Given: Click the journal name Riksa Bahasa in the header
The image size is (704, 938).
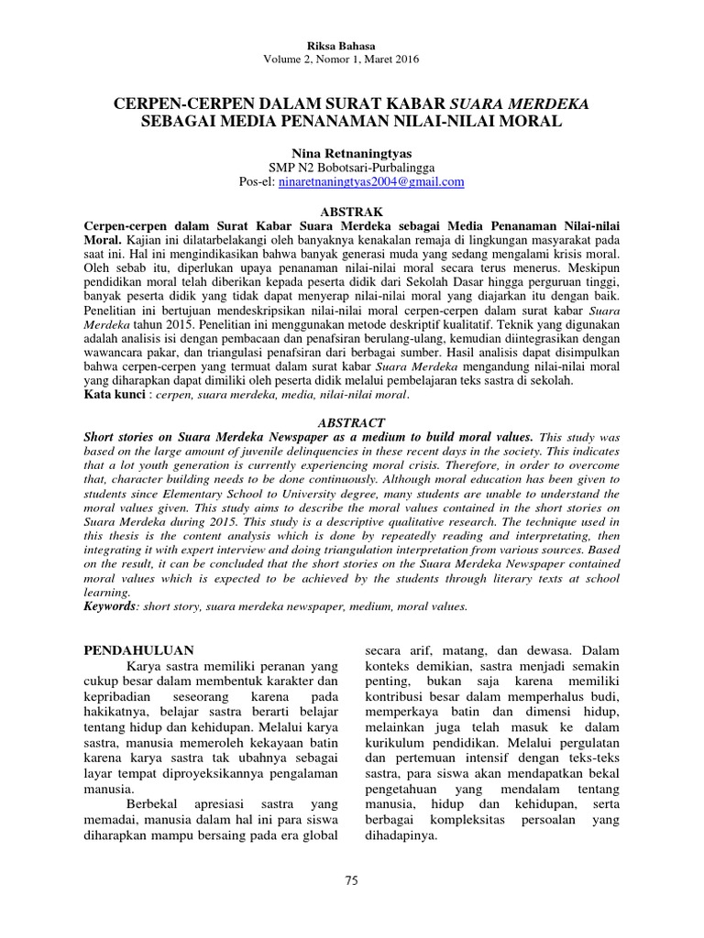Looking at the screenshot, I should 351,45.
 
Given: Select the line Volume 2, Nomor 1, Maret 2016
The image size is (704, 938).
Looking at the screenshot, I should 351,60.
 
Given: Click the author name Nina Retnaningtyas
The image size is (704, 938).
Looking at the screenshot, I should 351,153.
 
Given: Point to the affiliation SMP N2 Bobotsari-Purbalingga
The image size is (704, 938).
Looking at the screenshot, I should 351,168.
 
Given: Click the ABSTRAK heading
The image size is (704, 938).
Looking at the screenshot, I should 351,209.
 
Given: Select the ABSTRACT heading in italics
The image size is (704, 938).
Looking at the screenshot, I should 351,425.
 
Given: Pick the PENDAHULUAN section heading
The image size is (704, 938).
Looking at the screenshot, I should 131,650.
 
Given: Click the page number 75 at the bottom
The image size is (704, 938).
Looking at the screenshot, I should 351,880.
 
